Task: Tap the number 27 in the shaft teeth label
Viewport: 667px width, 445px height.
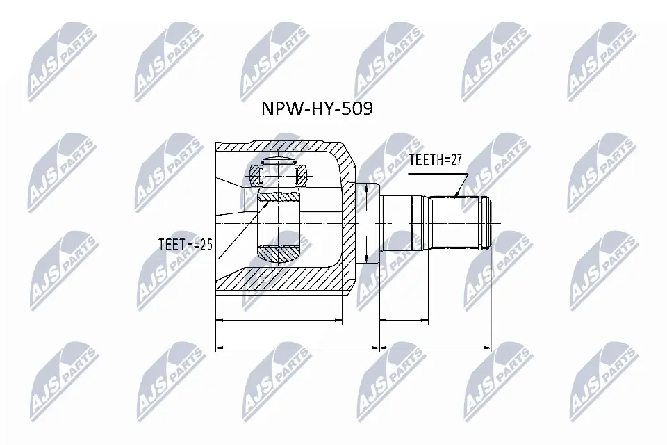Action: pos(455,160)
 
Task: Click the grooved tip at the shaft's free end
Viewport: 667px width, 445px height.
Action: pos(488,224)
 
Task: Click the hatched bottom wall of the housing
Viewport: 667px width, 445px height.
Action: pos(278,282)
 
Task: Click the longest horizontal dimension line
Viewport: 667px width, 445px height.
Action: pos(299,346)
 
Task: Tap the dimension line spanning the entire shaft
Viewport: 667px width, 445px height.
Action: pos(436,346)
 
